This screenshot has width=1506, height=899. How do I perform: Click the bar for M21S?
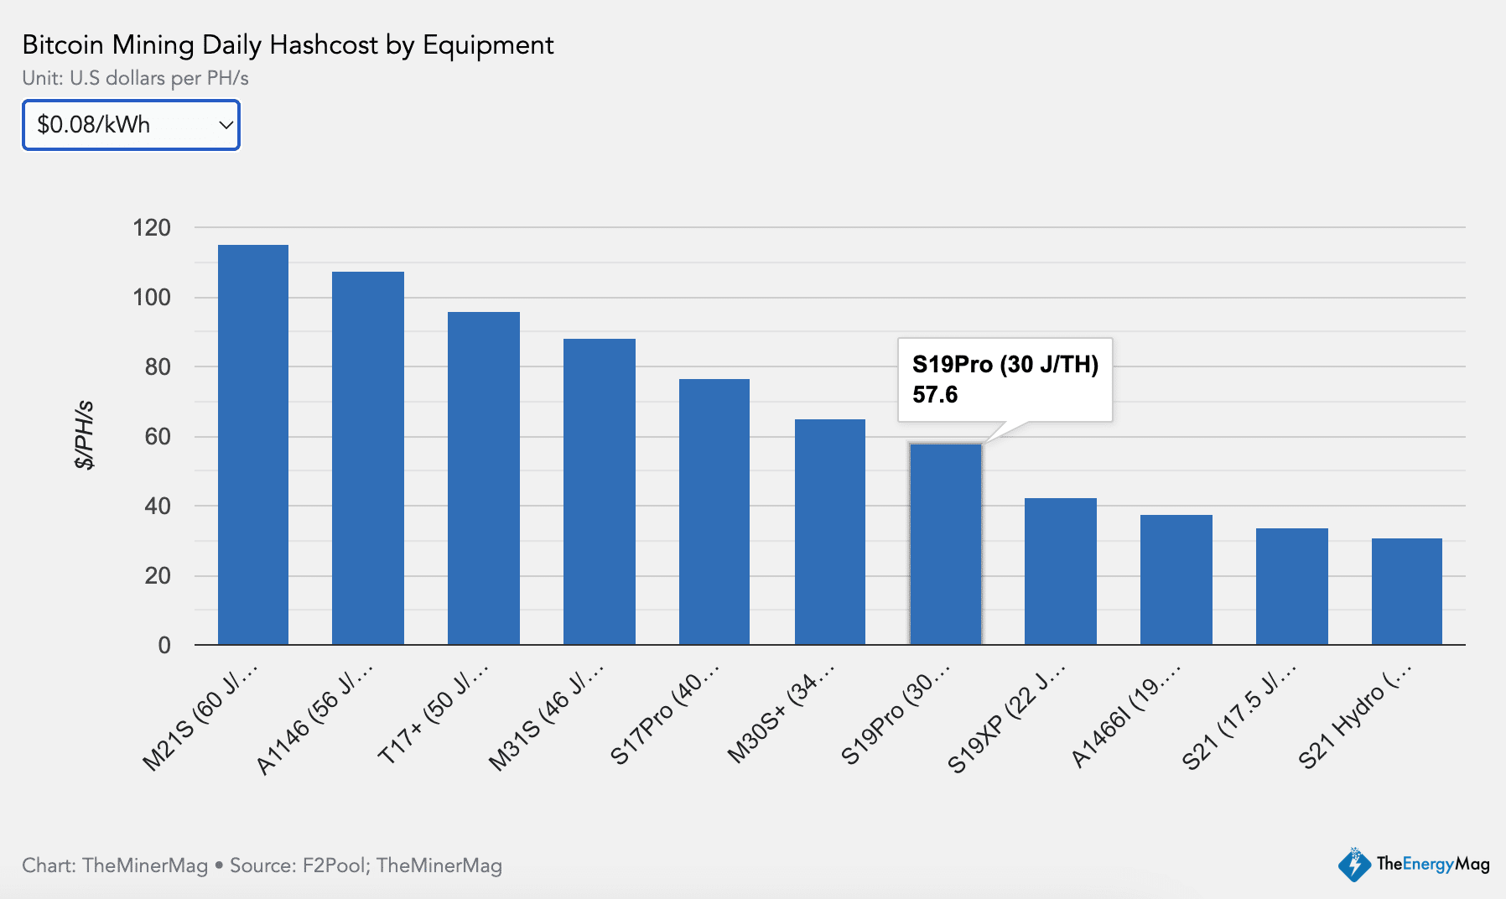coord(253,444)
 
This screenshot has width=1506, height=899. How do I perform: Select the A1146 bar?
coord(368,458)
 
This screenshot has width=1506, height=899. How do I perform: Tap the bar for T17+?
coord(484,478)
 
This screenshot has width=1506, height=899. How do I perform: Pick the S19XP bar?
coord(1061,571)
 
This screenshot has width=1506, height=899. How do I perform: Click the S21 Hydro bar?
coord(1407,591)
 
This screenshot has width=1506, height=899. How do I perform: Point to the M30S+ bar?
coord(830,532)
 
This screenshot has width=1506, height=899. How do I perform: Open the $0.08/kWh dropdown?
coord(132,125)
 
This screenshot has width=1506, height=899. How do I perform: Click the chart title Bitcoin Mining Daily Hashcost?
coord(288,44)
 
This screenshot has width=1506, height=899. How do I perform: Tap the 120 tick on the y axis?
coord(152,227)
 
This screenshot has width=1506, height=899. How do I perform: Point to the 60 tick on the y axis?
coord(158,436)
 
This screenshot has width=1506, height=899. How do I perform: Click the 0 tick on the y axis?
coord(164,645)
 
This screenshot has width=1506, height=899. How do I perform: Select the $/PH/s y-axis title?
coord(85,434)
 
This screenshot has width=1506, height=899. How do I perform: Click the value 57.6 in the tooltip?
coord(935,394)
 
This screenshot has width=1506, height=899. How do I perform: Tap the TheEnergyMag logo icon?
coord(1353,865)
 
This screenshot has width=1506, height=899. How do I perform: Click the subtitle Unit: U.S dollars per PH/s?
coord(136,78)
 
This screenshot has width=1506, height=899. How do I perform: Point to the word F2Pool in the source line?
coord(335,865)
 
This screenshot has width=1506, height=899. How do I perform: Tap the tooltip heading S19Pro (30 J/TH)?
coord(1005,364)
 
